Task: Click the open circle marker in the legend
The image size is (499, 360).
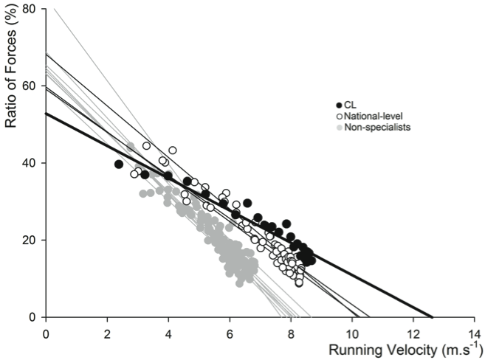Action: pos(340,116)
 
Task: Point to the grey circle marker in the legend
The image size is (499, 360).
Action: pos(340,127)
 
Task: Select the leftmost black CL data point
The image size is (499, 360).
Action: pos(119,165)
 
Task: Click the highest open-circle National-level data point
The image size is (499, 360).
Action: pos(146,146)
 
